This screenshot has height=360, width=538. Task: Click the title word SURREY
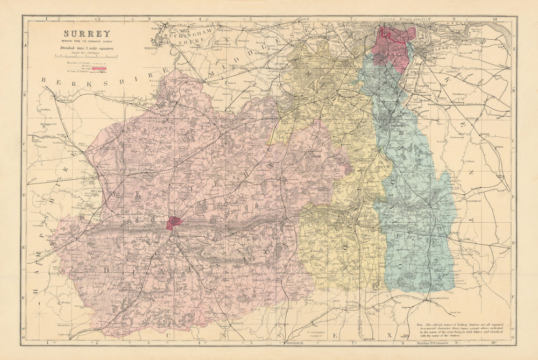tap(87, 34)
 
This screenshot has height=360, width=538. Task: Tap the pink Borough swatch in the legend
tap(100, 69)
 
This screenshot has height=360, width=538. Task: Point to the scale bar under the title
tap(86, 57)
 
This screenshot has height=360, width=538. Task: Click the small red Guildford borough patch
tap(174, 222)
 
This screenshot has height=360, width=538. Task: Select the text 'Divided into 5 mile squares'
tap(87, 48)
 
